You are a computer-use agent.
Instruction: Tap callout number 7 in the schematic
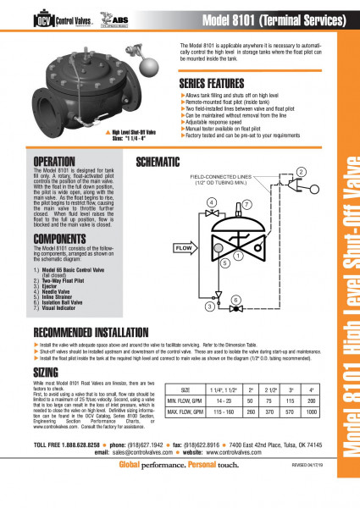coord(246,205)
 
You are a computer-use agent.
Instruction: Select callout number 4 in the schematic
coord(212,202)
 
